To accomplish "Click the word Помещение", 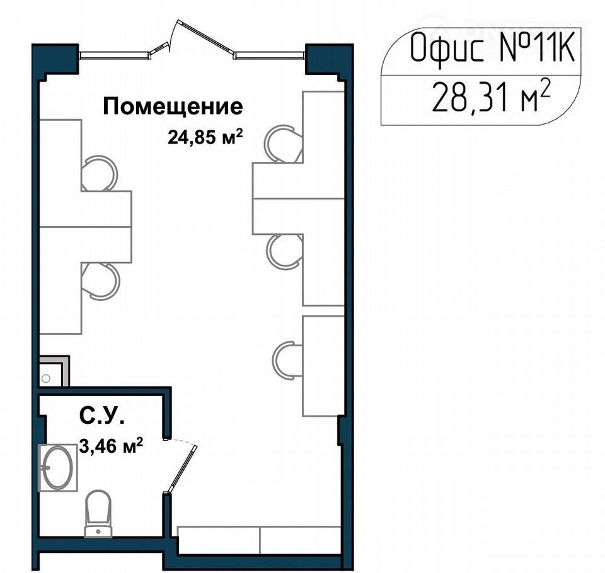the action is tap(173, 107).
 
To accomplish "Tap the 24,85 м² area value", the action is tap(205, 137).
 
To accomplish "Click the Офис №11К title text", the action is tap(493, 48).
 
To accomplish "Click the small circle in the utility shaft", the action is tap(46, 378).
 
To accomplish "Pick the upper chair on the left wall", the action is tap(99, 173).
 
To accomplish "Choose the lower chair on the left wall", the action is tap(101, 281).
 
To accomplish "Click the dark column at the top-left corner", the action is tap(55, 59).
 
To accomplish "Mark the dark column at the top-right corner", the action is tap(329, 59).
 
